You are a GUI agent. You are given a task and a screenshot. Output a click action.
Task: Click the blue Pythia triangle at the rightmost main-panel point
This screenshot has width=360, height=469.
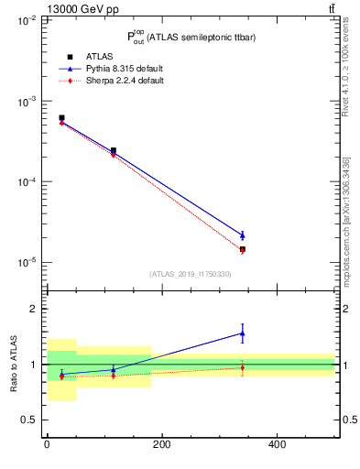coord(242,235)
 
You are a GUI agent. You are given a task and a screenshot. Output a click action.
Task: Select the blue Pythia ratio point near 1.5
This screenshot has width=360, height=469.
coord(242,333)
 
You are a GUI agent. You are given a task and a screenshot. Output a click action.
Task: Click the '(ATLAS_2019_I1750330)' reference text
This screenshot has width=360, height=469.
coord(191,274)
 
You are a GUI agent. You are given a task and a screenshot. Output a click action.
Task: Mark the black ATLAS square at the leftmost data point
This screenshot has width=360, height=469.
coord(61,118)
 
